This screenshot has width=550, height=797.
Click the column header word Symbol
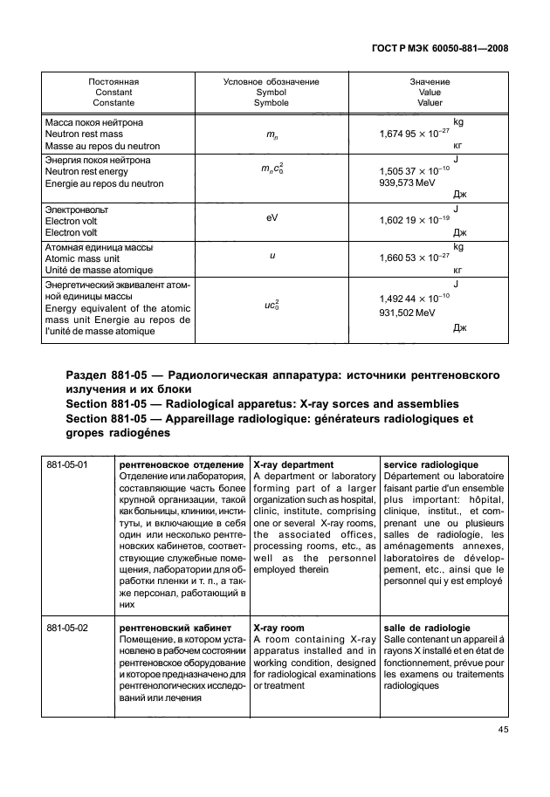[271, 92]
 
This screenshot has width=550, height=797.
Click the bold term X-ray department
[292, 464]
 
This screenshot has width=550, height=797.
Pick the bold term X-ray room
[278, 627]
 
